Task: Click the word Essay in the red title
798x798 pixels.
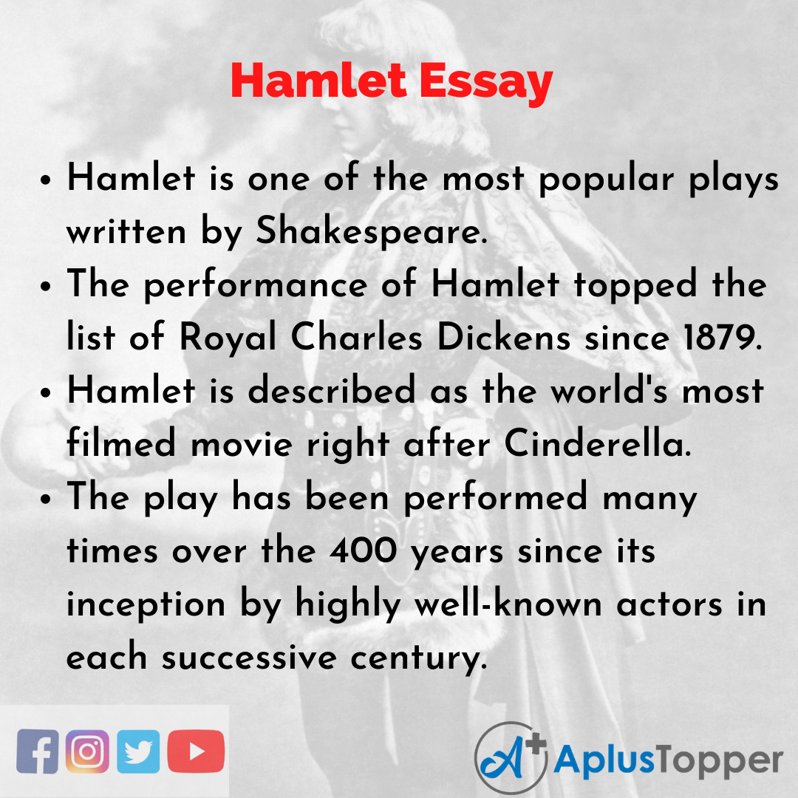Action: pyautogui.click(x=486, y=81)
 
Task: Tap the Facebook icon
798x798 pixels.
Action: pyautogui.click(x=37, y=751)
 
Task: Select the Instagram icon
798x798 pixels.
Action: pyautogui.click(x=87, y=751)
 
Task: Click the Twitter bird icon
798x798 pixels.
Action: pyautogui.click(x=138, y=751)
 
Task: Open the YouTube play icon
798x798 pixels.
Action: pyautogui.click(x=196, y=751)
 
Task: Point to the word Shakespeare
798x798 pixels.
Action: pyautogui.click(x=372, y=232)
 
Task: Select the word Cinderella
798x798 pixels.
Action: pyautogui.click(x=598, y=443)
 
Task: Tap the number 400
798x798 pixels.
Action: pyautogui.click(x=364, y=550)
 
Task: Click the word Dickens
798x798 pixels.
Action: pyautogui.click(x=503, y=337)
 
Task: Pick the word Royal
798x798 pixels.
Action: pyautogui.click(x=228, y=338)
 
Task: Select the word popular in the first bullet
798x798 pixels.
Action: pyautogui.click(x=606, y=180)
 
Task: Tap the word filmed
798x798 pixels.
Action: pyautogui.click(x=122, y=443)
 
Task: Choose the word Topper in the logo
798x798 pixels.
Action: pyautogui.click(x=719, y=761)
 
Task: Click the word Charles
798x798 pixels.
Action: pyautogui.click(x=356, y=337)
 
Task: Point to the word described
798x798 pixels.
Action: pyautogui.click(x=332, y=390)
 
